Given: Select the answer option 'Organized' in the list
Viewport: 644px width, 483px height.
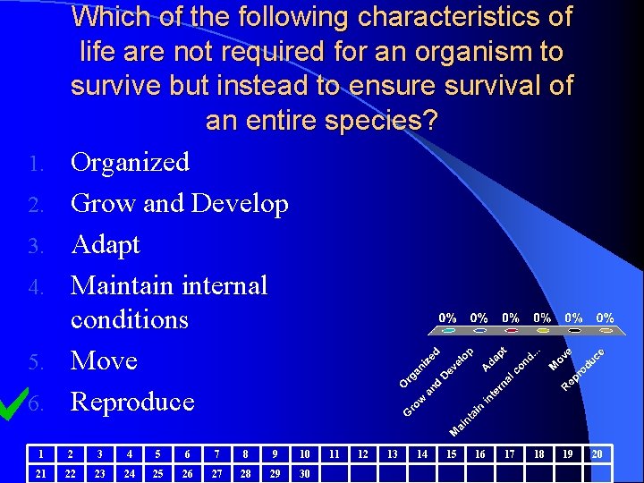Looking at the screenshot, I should pos(130,162).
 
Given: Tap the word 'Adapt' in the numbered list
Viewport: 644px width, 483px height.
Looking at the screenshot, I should pos(105,244).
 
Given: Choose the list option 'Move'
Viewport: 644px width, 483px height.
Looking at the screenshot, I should pos(104,360).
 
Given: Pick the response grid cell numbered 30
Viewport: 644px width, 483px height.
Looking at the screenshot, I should pos(304,471).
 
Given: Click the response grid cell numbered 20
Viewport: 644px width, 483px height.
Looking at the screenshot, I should pos(597,454).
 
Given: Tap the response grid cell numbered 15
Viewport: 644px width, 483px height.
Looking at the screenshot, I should pos(451,454).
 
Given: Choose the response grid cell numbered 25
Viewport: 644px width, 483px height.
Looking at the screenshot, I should pos(158,471).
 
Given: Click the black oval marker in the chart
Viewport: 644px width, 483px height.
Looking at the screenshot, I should pos(574,331).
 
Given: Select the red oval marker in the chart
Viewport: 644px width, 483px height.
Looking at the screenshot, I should pos(511,331).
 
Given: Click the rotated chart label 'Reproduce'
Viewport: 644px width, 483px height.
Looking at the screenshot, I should pos(582,369).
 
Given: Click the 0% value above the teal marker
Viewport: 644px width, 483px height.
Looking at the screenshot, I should pos(447,318).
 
